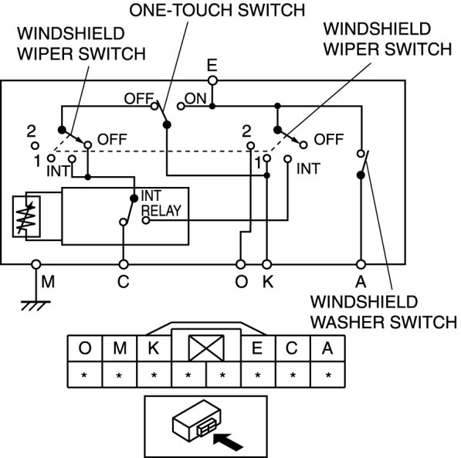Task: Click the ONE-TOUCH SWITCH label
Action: [x=217, y=10]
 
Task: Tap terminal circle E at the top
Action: [x=212, y=80]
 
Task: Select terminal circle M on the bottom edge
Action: [x=36, y=264]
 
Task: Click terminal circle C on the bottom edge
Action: [x=124, y=264]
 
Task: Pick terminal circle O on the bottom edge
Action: [x=240, y=264]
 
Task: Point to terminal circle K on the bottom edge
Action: [x=266, y=264]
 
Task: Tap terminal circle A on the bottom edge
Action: [x=361, y=264]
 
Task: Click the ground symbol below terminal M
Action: [x=36, y=305]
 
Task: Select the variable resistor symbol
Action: [x=26, y=216]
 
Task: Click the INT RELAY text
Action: [x=161, y=203]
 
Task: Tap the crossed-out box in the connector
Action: [x=206, y=348]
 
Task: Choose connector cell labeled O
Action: [x=85, y=348]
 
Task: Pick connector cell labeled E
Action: [x=258, y=348]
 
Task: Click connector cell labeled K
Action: [x=154, y=348]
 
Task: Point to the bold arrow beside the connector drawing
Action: [x=228, y=441]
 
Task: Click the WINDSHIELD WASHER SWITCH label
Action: [x=384, y=312]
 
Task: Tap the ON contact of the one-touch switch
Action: [x=181, y=106]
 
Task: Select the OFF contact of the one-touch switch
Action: [x=154, y=106]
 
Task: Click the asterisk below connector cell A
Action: [x=328, y=375]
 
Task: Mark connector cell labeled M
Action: [x=120, y=348]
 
